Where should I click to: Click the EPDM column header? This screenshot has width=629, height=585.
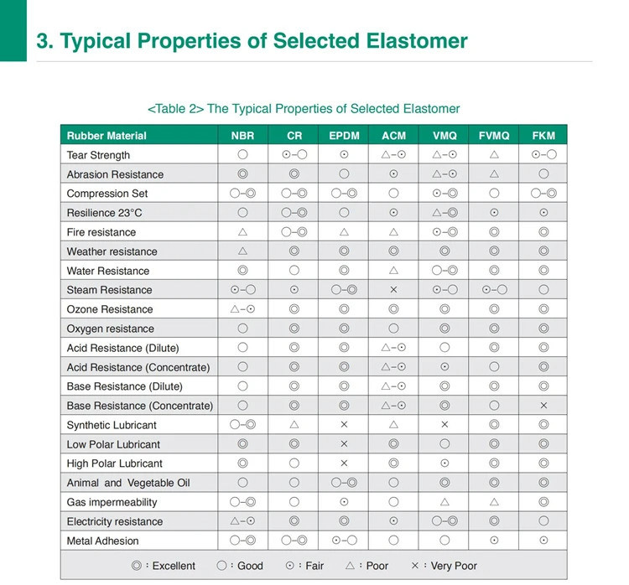click(344, 136)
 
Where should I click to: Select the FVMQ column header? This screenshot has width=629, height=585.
click(495, 136)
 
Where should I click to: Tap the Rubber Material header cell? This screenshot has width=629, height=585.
click(107, 136)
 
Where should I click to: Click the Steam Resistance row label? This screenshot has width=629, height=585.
click(109, 290)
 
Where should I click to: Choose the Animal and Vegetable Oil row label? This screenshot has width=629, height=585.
click(128, 483)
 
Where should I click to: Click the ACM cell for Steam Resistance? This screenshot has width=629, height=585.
click(394, 290)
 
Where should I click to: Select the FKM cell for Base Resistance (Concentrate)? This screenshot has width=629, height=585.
click(543, 406)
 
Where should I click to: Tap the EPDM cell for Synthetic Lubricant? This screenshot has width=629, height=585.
click(344, 425)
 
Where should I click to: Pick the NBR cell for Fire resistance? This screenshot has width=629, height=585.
click(242, 232)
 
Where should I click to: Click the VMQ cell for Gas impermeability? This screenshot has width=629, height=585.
click(444, 502)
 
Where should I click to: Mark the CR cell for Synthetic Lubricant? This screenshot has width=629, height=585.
click(294, 425)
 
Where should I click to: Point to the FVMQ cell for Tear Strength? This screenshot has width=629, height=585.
click(495, 155)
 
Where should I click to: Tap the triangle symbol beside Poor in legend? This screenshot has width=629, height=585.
click(352, 566)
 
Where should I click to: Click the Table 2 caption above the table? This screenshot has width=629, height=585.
click(303, 109)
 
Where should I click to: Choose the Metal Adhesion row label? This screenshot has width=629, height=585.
click(102, 541)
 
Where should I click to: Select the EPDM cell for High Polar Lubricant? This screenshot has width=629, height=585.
click(344, 463)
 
